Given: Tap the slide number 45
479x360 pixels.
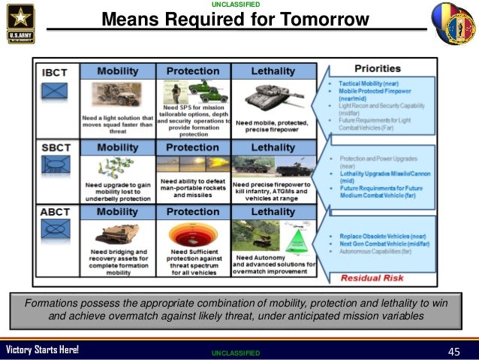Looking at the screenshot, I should [x=453, y=351].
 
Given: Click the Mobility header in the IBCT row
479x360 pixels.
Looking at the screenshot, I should [x=117, y=71].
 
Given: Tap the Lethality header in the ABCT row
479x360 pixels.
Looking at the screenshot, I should [x=273, y=211].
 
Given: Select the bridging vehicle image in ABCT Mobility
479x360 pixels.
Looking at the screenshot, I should [x=118, y=234].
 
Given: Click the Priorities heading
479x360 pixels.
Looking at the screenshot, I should [x=381, y=68].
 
